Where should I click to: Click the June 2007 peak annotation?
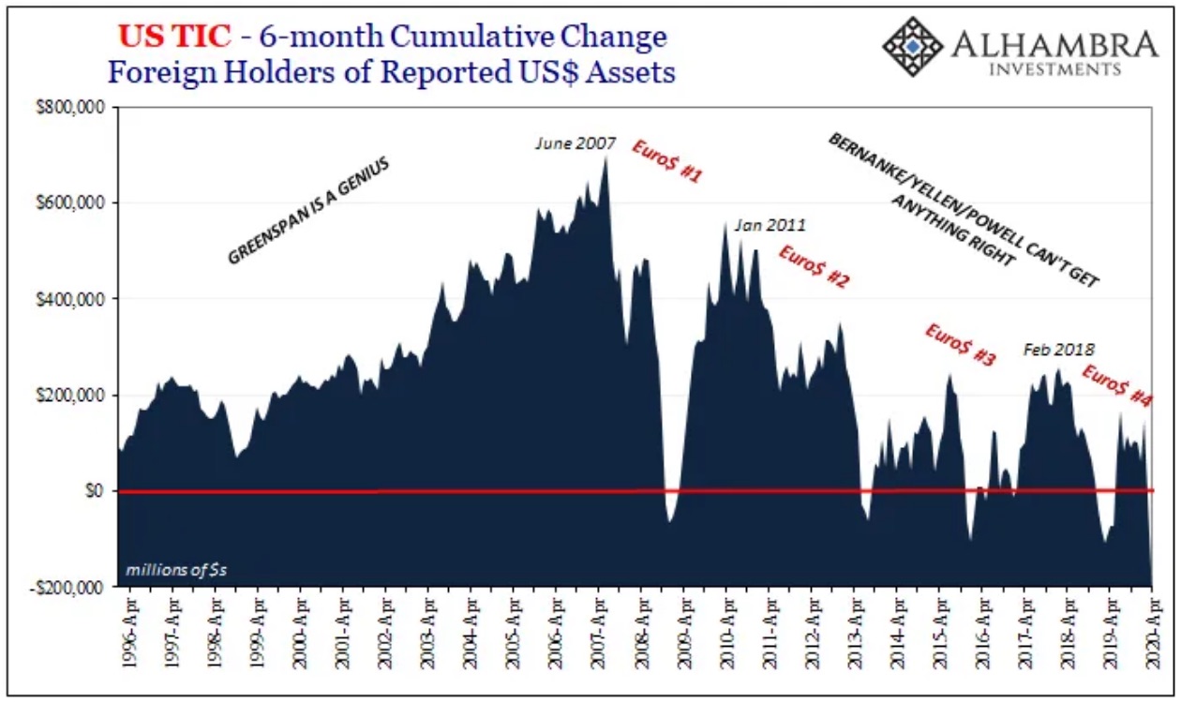pos(576,143)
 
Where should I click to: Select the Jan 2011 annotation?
pos(770,225)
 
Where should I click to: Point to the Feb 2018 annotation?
pos(1059,349)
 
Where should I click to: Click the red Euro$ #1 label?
pos(667,160)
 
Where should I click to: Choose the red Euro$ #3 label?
pos(960,344)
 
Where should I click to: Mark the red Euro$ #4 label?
pos(1116,385)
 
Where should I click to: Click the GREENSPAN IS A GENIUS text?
pos(307,210)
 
